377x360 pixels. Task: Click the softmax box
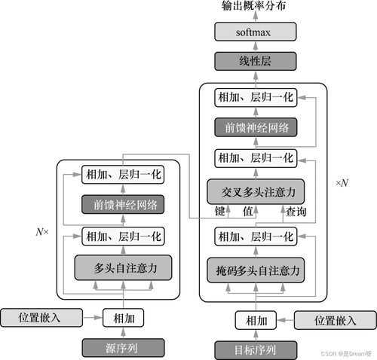(x=254, y=32)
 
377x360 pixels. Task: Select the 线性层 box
(x=254, y=62)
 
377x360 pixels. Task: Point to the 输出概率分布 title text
(x=254, y=8)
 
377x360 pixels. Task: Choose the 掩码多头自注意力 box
(x=254, y=268)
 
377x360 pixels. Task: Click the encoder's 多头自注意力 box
(x=122, y=267)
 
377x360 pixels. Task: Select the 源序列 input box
(x=122, y=347)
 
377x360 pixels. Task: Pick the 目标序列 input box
(x=254, y=349)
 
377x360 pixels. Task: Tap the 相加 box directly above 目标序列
(x=254, y=320)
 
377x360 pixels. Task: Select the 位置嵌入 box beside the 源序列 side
(x=39, y=317)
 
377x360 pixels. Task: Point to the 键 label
(x=221, y=212)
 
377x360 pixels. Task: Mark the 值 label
(x=247, y=212)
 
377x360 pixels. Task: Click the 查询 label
(x=297, y=212)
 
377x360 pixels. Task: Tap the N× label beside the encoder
(x=42, y=232)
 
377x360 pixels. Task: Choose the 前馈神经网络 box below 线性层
(x=254, y=127)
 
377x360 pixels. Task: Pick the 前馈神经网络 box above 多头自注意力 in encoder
(x=122, y=205)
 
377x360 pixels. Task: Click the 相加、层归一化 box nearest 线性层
(x=254, y=96)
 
